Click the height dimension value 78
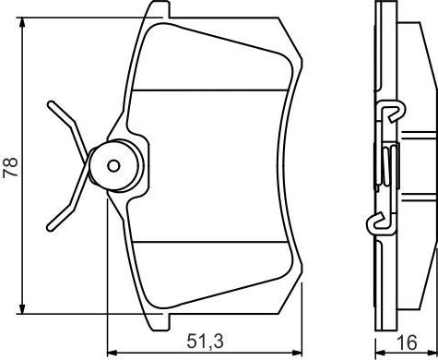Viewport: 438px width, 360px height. [x=12, y=166]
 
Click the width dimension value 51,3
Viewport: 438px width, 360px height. [x=205, y=342]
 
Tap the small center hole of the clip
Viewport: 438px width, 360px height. [x=114, y=165]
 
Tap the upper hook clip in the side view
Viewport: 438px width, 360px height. [x=391, y=113]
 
